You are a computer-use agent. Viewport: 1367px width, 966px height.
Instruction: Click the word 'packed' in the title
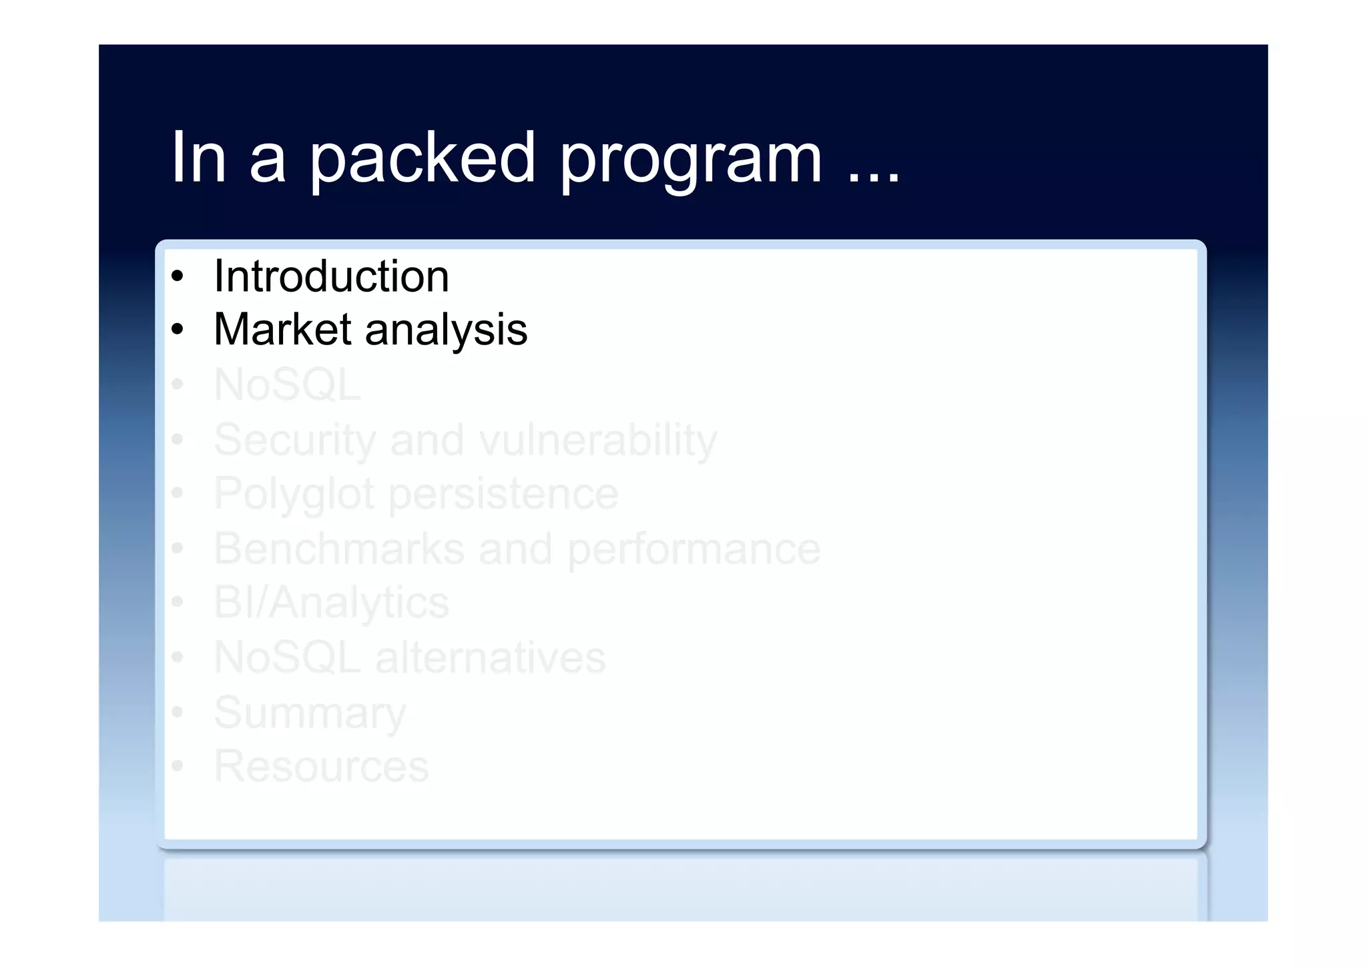click(423, 159)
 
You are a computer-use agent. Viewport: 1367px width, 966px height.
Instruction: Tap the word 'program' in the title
click(691, 160)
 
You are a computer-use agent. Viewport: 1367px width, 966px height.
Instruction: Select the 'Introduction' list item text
click(331, 276)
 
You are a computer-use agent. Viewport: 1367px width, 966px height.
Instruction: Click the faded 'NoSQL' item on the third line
click(287, 385)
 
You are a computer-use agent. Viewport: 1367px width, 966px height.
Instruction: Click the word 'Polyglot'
click(293, 495)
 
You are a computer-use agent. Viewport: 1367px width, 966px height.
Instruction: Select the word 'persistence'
click(503, 495)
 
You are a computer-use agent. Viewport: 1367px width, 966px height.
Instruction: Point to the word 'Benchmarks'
click(339, 549)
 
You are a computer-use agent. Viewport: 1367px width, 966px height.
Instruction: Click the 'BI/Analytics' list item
click(331, 603)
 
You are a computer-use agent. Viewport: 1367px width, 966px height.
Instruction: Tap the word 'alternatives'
click(491, 658)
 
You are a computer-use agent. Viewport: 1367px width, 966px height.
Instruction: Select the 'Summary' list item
click(310, 713)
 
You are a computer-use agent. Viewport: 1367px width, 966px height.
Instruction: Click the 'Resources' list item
click(321, 766)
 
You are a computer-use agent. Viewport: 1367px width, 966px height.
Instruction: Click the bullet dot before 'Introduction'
click(177, 276)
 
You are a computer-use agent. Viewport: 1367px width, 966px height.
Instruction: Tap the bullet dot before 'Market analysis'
click(177, 330)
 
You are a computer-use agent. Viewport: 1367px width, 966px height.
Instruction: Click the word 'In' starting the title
click(198, 158)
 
